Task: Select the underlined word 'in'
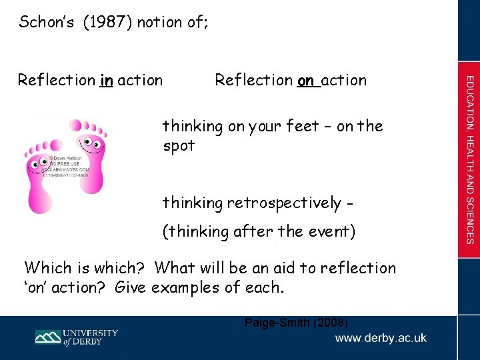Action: pyautogui.click(x=106, y=81)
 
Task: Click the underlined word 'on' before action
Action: pyautogui.click(x=306, y=81)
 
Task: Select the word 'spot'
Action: pyautogui.click(x=179, y=145)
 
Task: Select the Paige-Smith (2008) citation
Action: pyautogui.click(x=296, y=323)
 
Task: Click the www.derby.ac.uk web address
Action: pyautogui.click(x=381, y=339)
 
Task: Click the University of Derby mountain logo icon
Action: pyautogui.click(x=48, y=337)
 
